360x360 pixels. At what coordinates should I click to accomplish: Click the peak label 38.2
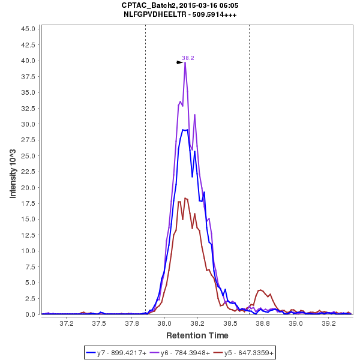tap(188, 58)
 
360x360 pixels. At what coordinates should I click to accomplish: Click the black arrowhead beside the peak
tap(179, 62)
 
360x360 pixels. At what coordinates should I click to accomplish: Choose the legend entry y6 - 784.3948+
tap(185, 353)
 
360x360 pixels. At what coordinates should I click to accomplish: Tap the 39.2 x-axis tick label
tap(328, 323)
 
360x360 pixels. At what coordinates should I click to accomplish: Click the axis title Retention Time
tap(197, 335)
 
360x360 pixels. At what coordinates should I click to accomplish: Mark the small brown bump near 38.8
tap(260, 290)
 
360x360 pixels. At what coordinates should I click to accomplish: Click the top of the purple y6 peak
tap(185, 62)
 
